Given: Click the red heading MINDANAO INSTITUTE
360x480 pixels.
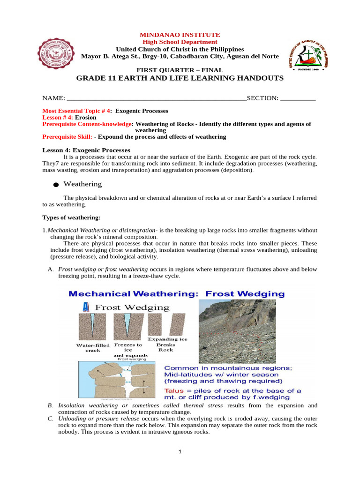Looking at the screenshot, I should pos(180,35).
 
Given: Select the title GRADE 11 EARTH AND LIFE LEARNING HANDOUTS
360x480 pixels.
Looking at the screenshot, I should pos(180,78).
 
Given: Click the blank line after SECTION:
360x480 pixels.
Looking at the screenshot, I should pos(298,98).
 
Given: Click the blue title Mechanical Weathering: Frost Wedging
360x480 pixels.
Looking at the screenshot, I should pos(177,294).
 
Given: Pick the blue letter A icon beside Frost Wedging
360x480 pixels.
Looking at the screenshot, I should pos(86,307).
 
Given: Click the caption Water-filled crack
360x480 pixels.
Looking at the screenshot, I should pos(93,348).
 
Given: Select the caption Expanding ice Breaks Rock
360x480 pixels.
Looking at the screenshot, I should pos(167,344).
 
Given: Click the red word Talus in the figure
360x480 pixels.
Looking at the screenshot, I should pos(175,390).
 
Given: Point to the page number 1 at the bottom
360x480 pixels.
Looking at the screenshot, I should pos(180,452).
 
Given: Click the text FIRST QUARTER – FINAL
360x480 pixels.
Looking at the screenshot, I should pos(180,70).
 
